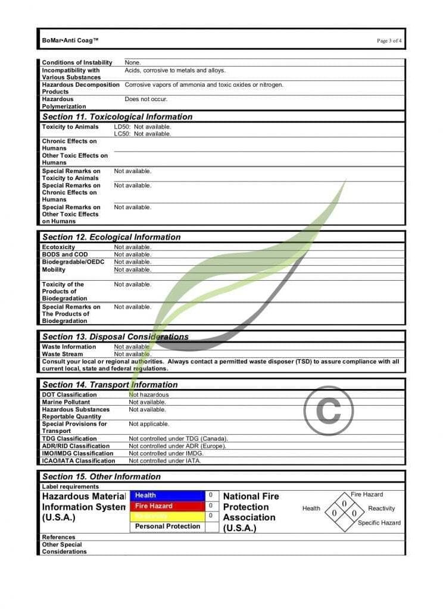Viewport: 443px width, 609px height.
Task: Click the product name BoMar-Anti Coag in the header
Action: (70, 40)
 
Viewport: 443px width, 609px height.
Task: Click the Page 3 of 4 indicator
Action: (389, 41)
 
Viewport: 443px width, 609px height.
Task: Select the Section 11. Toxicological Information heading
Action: (117, 117)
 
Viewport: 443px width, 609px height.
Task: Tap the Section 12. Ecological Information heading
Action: (111, 237)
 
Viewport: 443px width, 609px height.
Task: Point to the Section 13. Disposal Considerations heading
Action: (116, 337)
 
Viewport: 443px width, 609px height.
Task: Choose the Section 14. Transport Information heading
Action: (110, 385)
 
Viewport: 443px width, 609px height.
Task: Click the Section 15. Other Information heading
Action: (101, 476)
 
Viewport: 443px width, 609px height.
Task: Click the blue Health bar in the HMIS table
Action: (167, 495)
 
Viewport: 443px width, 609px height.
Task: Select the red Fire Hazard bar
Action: (167, 506)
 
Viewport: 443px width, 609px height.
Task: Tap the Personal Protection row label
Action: (167, 526)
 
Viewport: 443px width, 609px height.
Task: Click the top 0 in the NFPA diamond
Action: (344, 504)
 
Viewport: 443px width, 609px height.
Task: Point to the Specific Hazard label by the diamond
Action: (379, 523)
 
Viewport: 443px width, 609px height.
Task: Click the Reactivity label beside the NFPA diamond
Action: (381, 508)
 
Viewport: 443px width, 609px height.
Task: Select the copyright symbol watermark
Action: (328, 410)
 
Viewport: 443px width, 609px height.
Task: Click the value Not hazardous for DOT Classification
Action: (149, 395)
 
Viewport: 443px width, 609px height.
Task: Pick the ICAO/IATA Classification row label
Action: (78, 461)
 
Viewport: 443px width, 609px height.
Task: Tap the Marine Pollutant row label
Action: (65, 402)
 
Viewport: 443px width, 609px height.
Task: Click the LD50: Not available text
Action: (142, 127)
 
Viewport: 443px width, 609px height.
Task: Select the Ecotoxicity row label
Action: (58, 247)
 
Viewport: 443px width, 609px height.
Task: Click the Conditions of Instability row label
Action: (77, 62)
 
